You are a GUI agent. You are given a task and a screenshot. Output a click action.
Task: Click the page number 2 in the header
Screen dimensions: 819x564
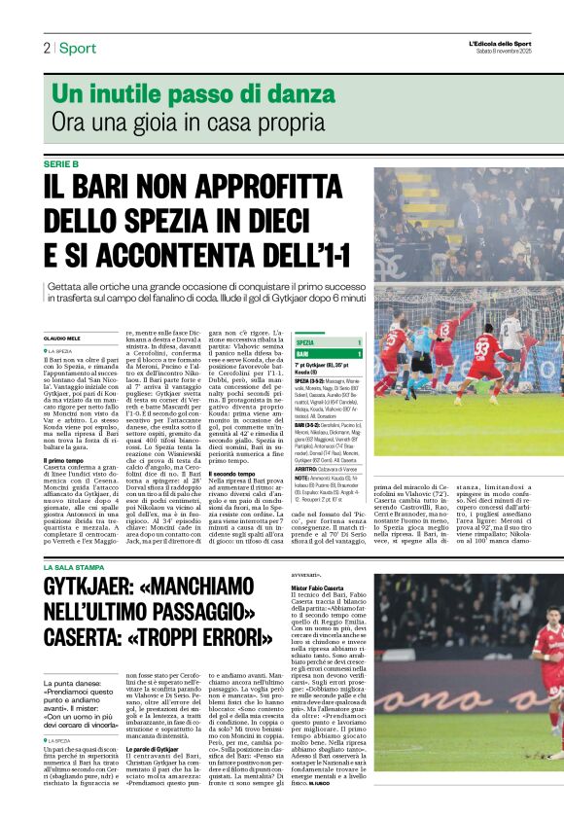(47, 48)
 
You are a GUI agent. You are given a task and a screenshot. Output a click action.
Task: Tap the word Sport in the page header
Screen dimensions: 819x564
(78, 48)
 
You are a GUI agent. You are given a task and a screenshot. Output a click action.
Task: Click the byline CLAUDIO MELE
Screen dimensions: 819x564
(62, 338)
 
